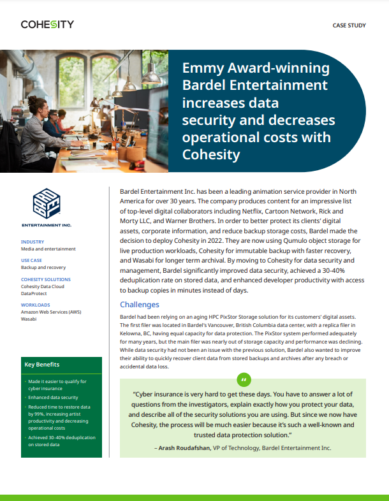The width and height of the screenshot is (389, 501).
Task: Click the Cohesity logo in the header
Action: [x=47, y=25]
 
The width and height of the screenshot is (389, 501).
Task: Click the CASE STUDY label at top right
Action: [x=350, y=25]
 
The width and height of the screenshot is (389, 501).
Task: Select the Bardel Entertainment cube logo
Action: [x=47, y=203]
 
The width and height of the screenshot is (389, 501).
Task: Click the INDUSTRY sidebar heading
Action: [x=33, y=242]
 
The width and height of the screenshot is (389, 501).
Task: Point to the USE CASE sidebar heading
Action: [x=33, y=261]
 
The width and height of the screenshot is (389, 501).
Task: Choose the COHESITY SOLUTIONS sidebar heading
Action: [x=46, y=279]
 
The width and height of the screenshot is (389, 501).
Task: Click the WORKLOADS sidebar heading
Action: [x=36, y=305]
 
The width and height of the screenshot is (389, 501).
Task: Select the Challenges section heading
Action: [x=140, y=305]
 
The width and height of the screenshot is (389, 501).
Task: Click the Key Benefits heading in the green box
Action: [x=41, y=365]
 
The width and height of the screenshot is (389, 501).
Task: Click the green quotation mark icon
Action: [x=243, y=381]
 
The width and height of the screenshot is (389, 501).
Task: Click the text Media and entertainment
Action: [x=48, y=249]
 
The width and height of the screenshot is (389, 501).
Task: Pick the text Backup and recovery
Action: [x=43, y=268]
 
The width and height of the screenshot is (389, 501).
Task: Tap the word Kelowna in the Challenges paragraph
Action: [x=133, y=333]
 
